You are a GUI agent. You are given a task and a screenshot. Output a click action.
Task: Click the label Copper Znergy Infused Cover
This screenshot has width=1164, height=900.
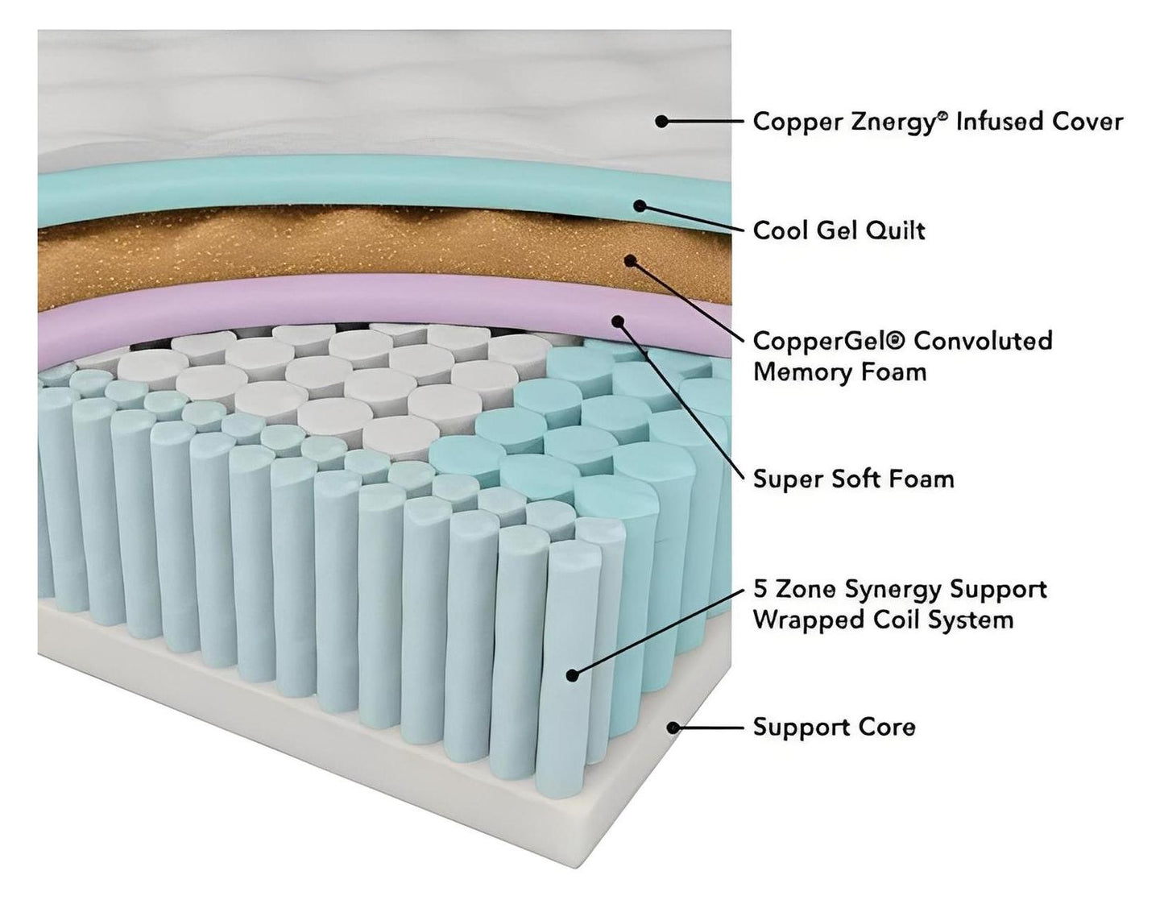(937, 122)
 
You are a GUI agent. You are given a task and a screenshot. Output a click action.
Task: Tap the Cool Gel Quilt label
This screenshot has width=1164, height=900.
(839, 230)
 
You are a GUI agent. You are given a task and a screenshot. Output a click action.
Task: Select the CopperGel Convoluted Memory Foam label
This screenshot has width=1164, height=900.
(902, 356)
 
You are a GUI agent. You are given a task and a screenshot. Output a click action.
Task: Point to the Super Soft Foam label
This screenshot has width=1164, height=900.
(853, 479)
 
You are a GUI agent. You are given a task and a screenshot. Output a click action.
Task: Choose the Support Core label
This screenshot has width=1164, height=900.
(834, 727)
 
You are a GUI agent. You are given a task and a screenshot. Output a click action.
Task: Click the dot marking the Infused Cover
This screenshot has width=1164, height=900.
(661, 122)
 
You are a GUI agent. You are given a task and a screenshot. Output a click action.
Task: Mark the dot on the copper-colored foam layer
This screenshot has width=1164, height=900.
(631, 261)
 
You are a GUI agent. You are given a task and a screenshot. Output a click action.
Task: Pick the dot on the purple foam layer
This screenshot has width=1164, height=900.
(619, 321)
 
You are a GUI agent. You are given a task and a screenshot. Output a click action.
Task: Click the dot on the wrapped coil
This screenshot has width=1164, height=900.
(572, 675)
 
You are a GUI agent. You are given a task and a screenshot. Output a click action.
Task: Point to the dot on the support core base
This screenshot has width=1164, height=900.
(673, 728)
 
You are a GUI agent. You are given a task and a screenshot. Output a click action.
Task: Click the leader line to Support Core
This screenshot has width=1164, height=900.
(709, 728)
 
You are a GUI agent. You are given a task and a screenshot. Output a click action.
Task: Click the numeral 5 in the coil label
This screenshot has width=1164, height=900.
(760, 589)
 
